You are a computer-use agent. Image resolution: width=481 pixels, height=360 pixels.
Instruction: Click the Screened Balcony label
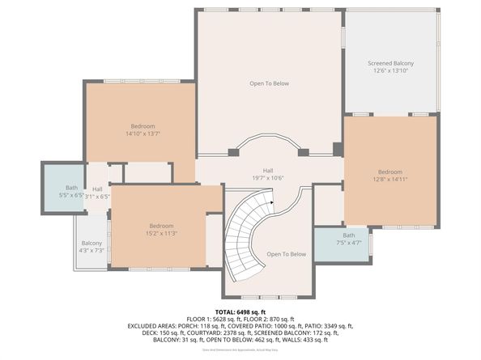pos(391,63)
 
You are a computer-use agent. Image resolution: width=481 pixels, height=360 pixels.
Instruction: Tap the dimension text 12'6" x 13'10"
pos(391,71)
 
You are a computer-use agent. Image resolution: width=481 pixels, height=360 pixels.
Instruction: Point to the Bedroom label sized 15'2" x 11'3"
pos(161,226)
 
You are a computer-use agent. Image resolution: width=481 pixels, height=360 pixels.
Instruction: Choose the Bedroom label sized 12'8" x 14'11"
pos(389,172)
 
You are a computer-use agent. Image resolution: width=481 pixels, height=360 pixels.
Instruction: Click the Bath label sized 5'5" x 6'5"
pos(72,188)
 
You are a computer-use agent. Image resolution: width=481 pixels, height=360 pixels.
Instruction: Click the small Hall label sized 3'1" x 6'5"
pos(97,188)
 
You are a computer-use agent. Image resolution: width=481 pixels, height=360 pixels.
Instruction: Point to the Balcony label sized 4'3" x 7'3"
pos(92,243)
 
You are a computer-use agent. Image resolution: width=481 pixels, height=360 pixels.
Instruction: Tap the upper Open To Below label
pos(269,83)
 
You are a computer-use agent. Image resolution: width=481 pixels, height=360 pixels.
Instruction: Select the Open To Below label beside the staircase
pos(287,254)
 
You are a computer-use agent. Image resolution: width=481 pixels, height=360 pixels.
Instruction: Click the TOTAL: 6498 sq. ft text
pos(240,311)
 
